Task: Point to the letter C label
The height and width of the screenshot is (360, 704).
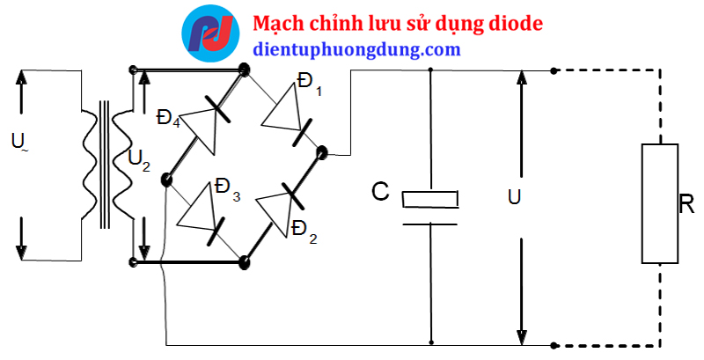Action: coord(380,191)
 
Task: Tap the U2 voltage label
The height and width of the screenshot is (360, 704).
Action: coord(138,159)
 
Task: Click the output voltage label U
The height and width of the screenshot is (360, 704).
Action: coord(514,198)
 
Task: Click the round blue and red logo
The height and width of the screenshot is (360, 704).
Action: coord(209,33)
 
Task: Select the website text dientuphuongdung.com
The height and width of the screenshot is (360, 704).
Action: coord(356,49)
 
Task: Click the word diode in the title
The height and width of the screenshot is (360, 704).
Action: coord(514,23)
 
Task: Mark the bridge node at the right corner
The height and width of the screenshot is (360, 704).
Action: coord(321,153)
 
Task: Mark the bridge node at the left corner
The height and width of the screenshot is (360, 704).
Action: coord(165,181)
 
